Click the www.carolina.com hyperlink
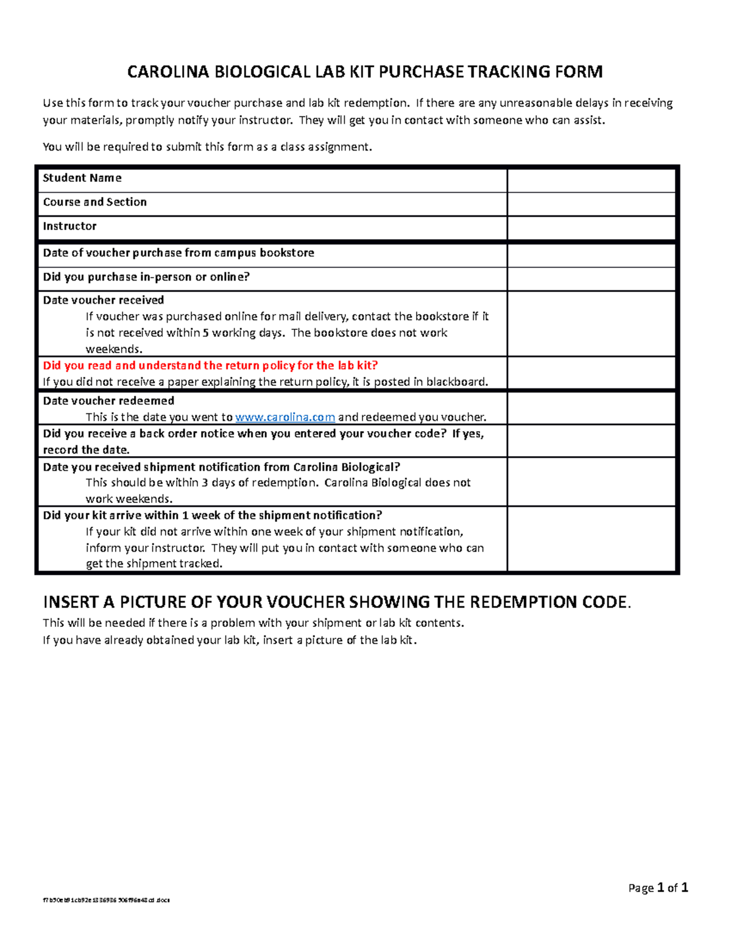pos(284,417)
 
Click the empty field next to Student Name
pos(591,180)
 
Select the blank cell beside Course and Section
pos(591,204)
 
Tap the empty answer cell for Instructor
pos(591,228)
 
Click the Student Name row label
pos(82,178)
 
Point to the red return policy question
pos(210,365)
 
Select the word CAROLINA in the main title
pos(168,72)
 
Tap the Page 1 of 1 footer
pos(658,888)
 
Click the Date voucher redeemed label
pos(108,401)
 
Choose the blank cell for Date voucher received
pos(591,324)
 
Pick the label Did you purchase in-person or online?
pos(146,277)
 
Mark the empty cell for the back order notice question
pos(591,441)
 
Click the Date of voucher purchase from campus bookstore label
pos(178,252)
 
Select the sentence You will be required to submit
pos(207,147)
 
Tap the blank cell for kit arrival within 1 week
pos(591,539)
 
